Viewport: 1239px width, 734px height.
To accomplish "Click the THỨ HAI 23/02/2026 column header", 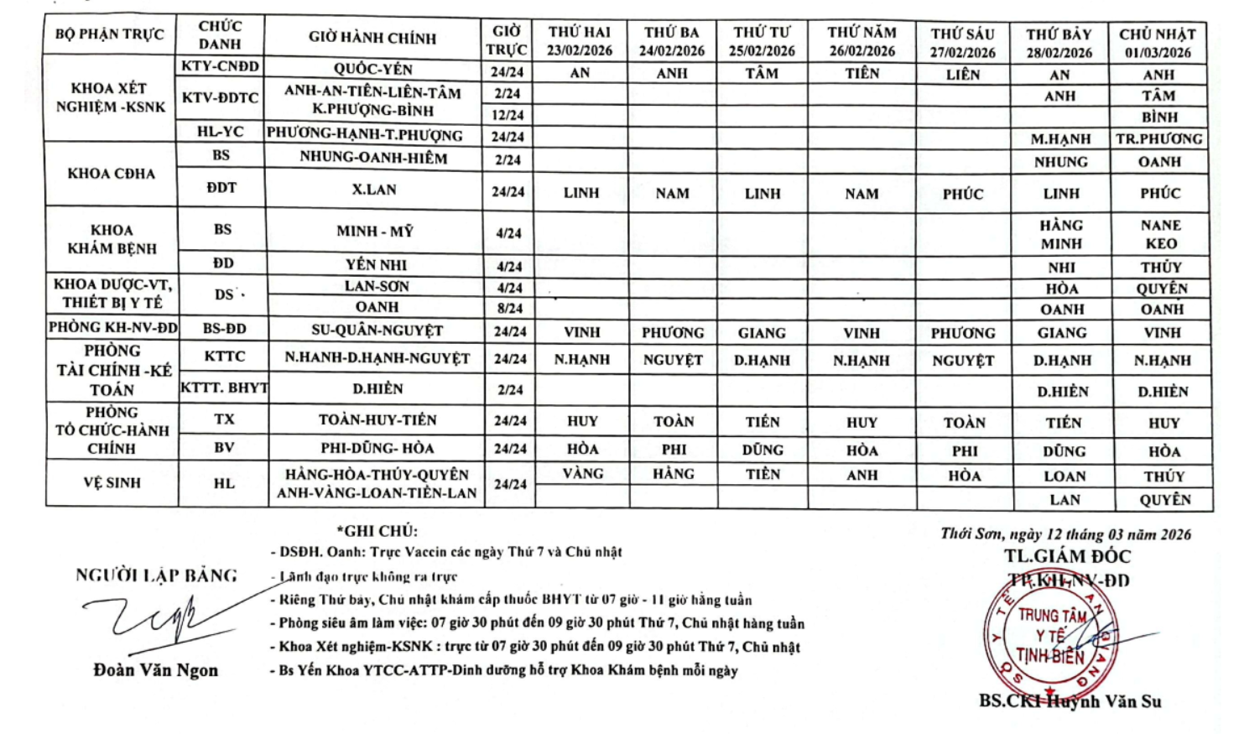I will (x=580, y=41).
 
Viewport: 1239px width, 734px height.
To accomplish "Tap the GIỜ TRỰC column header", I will (x=507, y=40).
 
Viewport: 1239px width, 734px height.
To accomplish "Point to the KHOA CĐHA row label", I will (x=112, y=174).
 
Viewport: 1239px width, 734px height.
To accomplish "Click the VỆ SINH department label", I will (x=112, y=482).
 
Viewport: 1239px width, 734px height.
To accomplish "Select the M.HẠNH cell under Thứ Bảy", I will (x=1061, y=139).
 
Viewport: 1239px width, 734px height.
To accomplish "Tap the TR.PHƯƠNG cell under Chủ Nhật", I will (x=1158, y=139).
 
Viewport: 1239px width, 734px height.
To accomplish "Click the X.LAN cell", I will (x=374, y=190).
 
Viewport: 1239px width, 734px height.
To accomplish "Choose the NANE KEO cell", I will (x=1161, y=234).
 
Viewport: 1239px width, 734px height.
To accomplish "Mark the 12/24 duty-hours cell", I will (x=508, y=115).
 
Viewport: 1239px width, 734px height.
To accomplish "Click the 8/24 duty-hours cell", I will (x=508, y=308).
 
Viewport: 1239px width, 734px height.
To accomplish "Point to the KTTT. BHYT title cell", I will (x=224, y=388).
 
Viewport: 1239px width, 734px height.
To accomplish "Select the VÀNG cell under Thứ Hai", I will (x=583, y=474).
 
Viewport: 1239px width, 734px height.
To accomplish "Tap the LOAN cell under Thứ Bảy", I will (x=1065, y=476).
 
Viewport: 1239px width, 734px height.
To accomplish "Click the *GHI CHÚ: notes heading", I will (x=377, y=531).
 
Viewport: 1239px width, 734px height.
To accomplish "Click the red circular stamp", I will (x=1050, y=634).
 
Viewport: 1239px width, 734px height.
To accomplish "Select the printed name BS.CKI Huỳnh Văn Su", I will (x=1070, y=701).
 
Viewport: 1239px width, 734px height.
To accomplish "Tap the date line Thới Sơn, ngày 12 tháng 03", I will (x=1065, y=534).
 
